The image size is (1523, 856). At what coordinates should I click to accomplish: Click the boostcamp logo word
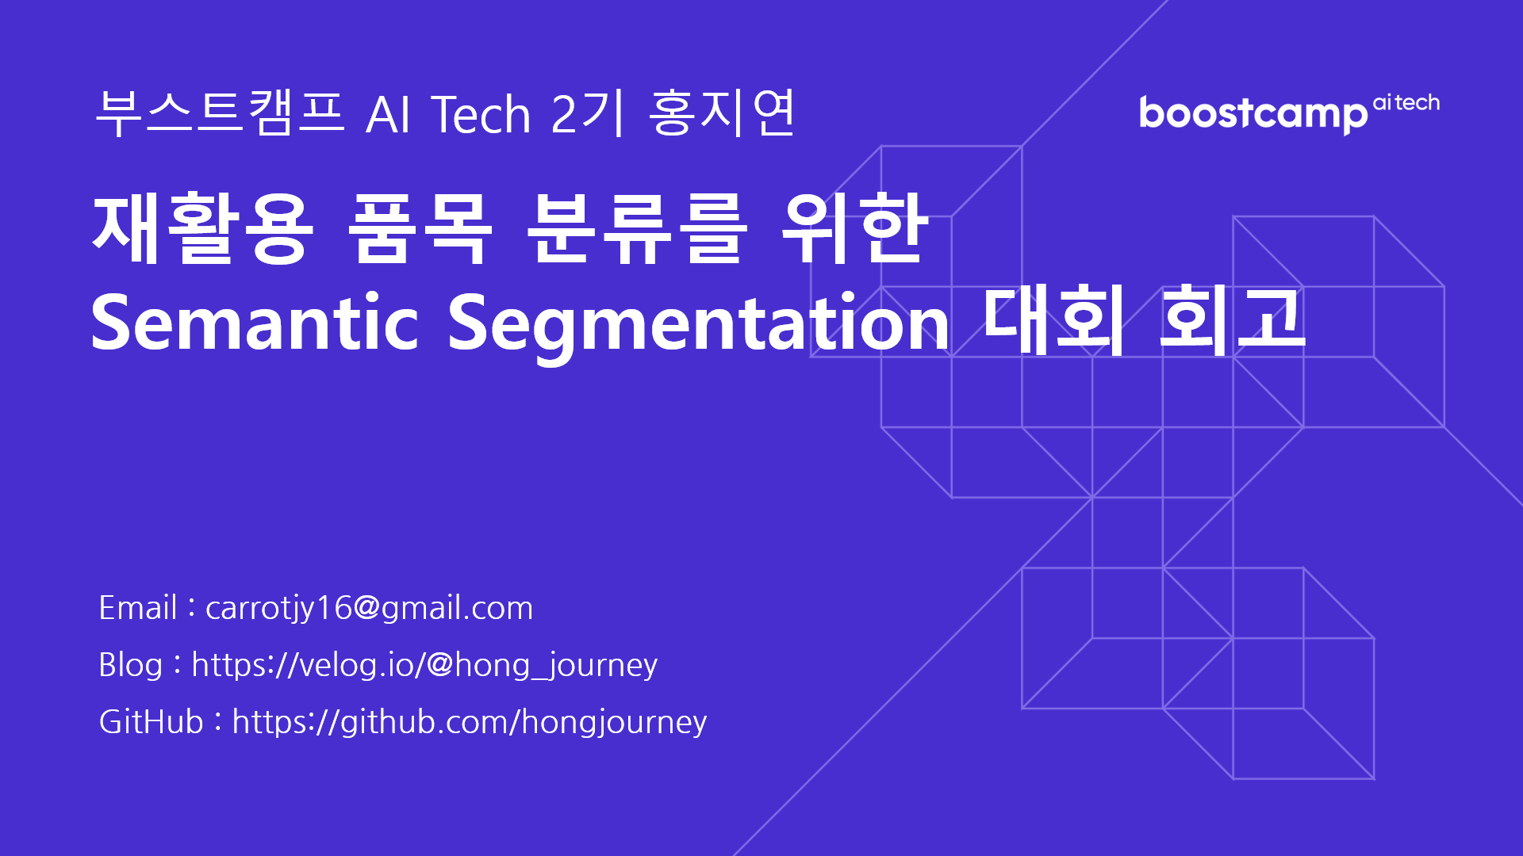click(x=1253, y=114)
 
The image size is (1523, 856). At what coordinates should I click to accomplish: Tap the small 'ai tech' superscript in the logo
click(x=1406, y=102)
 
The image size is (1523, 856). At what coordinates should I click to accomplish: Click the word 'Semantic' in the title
click(x=255, y=323)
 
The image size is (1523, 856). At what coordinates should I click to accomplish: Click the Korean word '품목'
click(x=420, y=230)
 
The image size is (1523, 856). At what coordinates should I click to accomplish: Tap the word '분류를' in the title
click(x=636, y=230)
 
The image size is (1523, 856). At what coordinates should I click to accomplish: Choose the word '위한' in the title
click(x=854, y=230)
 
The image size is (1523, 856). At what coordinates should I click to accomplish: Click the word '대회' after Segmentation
click(x=1053, y=321)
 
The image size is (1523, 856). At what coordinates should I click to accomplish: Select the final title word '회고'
click(x=1232, y=321)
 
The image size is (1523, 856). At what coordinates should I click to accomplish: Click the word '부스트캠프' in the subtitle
click(x=219, y=113)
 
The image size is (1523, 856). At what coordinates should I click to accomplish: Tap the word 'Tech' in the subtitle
click(x=481, y=114)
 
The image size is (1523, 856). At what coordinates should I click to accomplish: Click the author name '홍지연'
click(x=721, y=113)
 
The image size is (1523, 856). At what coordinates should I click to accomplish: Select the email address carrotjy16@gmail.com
click(x=369, y=608)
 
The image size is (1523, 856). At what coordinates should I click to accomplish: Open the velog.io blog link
click(x=424, y=665)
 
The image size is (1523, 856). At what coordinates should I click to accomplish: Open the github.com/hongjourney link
click(x=469, y=722)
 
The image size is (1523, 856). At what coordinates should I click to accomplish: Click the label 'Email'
click(x=137, y=608)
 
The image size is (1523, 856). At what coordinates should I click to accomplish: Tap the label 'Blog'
click(x=130, y=665)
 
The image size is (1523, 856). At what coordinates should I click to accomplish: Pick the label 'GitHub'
click(x=151, y=722)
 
